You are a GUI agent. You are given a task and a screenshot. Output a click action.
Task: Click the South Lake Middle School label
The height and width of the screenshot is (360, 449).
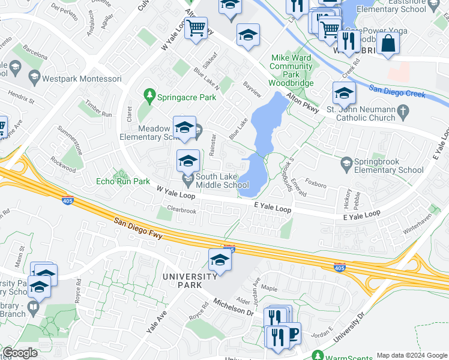223,181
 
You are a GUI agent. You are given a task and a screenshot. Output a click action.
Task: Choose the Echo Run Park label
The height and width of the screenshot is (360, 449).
122,181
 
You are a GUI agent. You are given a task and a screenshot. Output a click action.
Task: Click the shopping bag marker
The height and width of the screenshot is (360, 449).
389,43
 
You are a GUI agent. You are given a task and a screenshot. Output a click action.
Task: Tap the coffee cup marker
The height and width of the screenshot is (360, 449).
291,334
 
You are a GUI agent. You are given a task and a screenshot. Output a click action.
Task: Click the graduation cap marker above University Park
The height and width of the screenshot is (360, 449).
220,260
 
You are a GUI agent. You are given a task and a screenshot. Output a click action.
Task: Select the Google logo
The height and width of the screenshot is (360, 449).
20,353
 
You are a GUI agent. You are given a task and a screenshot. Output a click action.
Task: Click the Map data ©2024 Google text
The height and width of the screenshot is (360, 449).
412,355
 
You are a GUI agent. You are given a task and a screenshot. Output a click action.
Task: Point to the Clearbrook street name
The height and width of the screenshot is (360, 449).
181,211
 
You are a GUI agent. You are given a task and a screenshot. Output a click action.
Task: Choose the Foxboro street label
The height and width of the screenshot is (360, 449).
316,182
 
